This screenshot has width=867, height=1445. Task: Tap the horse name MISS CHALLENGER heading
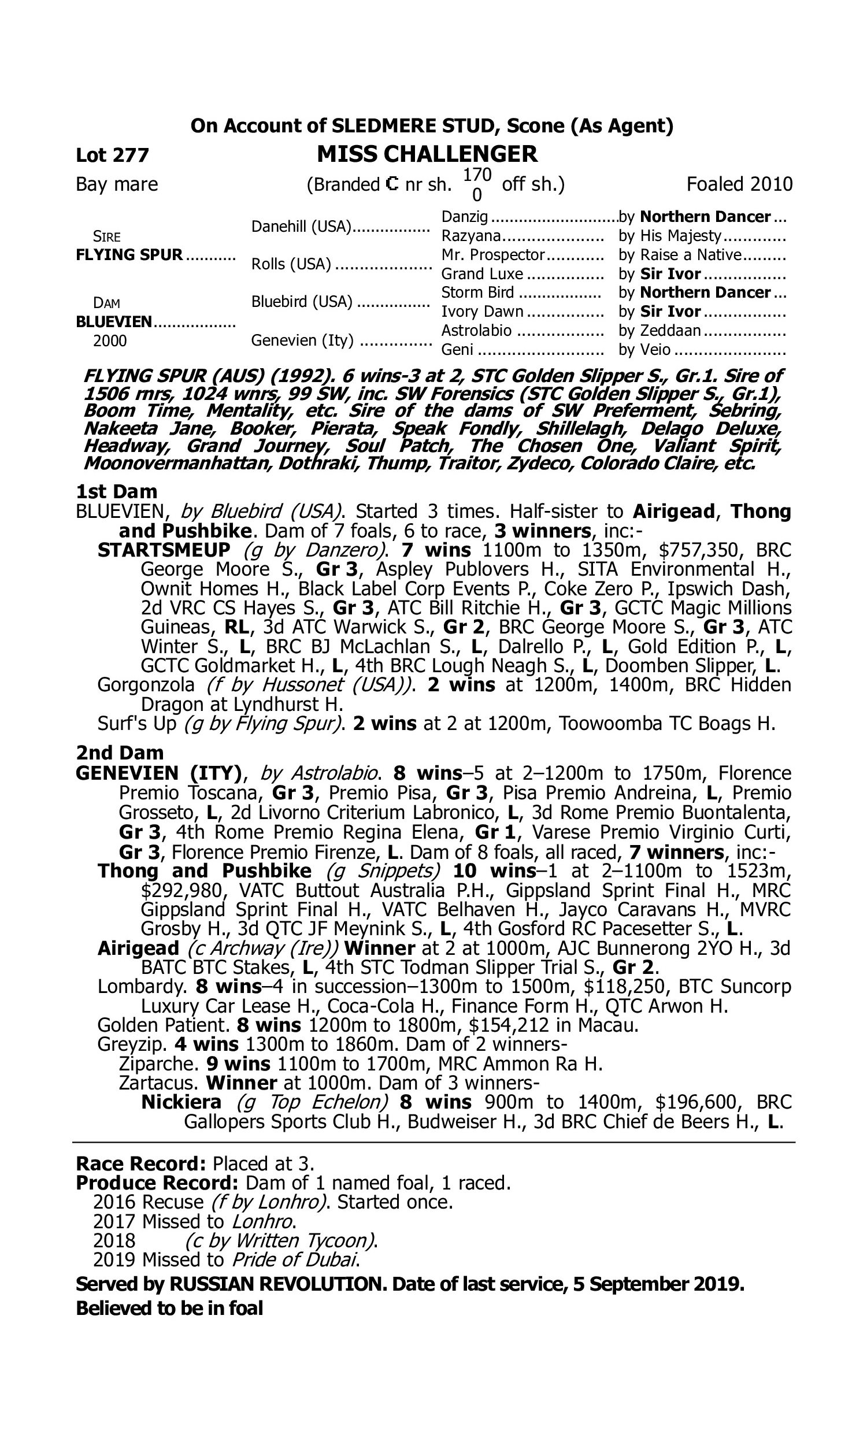click(x=427, y=154)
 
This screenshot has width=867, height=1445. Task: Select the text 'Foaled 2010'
click(x=739, y=184)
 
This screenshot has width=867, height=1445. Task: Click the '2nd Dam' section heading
click(x=120, y=753)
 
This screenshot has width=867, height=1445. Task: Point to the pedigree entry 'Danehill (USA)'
click(x=302, y=227)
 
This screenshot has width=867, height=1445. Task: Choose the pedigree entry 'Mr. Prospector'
click(x=492, y=255)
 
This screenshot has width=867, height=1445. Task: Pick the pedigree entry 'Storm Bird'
click(x=477, y=292)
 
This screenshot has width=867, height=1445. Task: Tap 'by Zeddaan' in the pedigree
click(x=659, y=331)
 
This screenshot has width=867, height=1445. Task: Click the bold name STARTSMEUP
click(x=164, y=550)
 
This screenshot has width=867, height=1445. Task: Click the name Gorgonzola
click(x=146, y=684)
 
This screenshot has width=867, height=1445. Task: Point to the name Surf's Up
click(x=137, y=724)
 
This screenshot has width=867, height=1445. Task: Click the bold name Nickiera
click(x=181, y=1102)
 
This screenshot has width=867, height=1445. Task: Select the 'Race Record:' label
click(x=141, y=1164)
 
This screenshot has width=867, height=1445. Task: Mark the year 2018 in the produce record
click(x=114, y=1240)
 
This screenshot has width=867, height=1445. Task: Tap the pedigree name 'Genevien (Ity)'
click(x=302, y=340)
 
